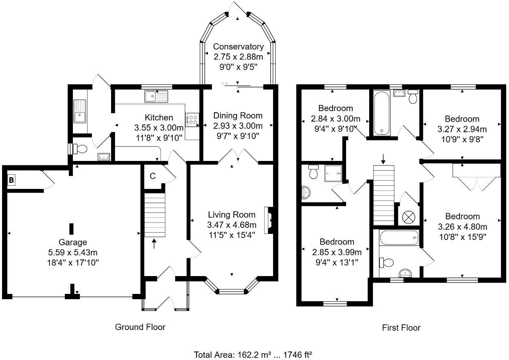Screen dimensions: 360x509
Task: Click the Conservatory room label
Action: [238, 47]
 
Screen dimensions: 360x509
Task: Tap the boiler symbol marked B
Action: [11, 180]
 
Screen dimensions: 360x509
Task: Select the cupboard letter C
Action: [153, 176]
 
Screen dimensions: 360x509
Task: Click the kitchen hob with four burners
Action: [192, 119]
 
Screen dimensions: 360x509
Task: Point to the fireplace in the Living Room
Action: [268, 220]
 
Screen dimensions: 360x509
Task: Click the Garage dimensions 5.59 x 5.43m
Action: [73, 253]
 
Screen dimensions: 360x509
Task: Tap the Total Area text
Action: [253, 355]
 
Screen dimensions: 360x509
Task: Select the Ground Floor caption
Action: [140, 327]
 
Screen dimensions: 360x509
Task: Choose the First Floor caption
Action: [401, 328]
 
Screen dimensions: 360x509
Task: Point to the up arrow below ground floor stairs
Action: [154, 244]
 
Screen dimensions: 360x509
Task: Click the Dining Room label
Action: [238, 116]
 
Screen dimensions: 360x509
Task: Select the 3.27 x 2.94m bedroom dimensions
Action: [462, 129]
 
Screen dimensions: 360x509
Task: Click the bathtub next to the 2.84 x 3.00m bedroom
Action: [381, 113]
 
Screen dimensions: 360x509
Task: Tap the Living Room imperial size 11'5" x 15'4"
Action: [232, 235]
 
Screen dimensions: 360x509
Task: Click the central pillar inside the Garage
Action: [71, 229]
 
